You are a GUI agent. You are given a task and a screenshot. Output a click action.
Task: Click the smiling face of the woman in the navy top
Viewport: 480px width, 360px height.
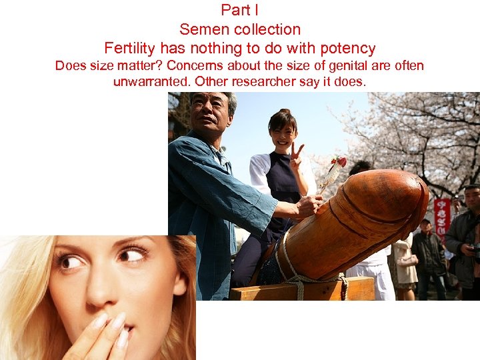tap(281, 133)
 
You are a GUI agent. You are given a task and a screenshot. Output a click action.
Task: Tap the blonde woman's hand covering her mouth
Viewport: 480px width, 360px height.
tap(100, 337)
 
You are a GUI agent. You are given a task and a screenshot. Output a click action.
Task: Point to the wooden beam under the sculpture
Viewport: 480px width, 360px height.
tap(307, 290)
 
